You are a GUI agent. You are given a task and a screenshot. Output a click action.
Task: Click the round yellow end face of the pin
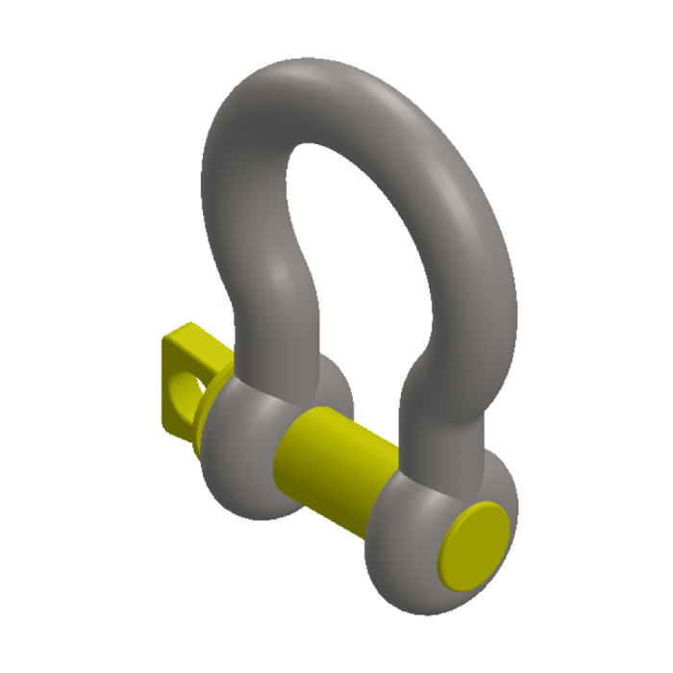click(x=474, y=543)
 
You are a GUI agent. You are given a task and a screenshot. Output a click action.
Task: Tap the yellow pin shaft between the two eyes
click(x=332, y=460)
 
